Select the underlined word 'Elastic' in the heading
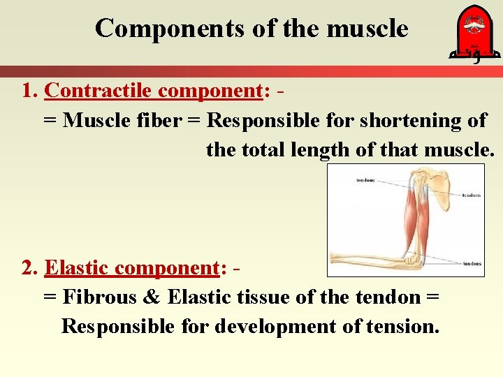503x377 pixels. pyautogui.click(x=77, y=268)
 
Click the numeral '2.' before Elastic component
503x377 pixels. pyautogui.click(x=30, y=268)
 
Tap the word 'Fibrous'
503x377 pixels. pyautogui.click(x=99, y=297)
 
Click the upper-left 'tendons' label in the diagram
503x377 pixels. pyautogui.click(x=365, y=180)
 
